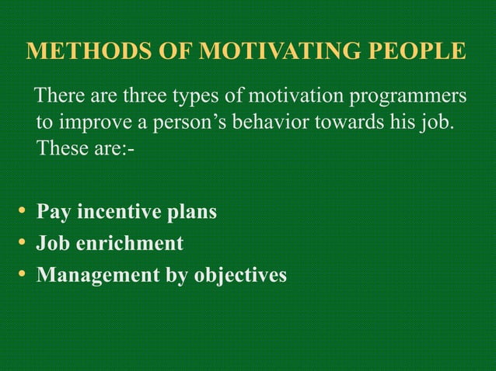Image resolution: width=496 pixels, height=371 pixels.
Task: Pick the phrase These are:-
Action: (86, 147)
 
